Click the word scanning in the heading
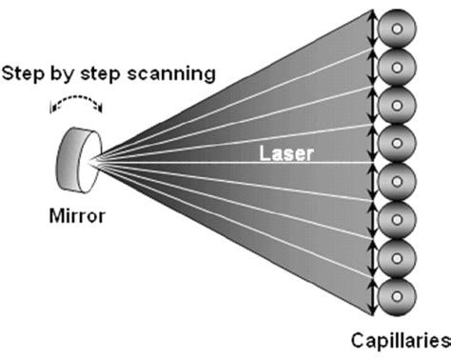click(180, 71)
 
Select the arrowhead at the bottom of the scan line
click(371, 310)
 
